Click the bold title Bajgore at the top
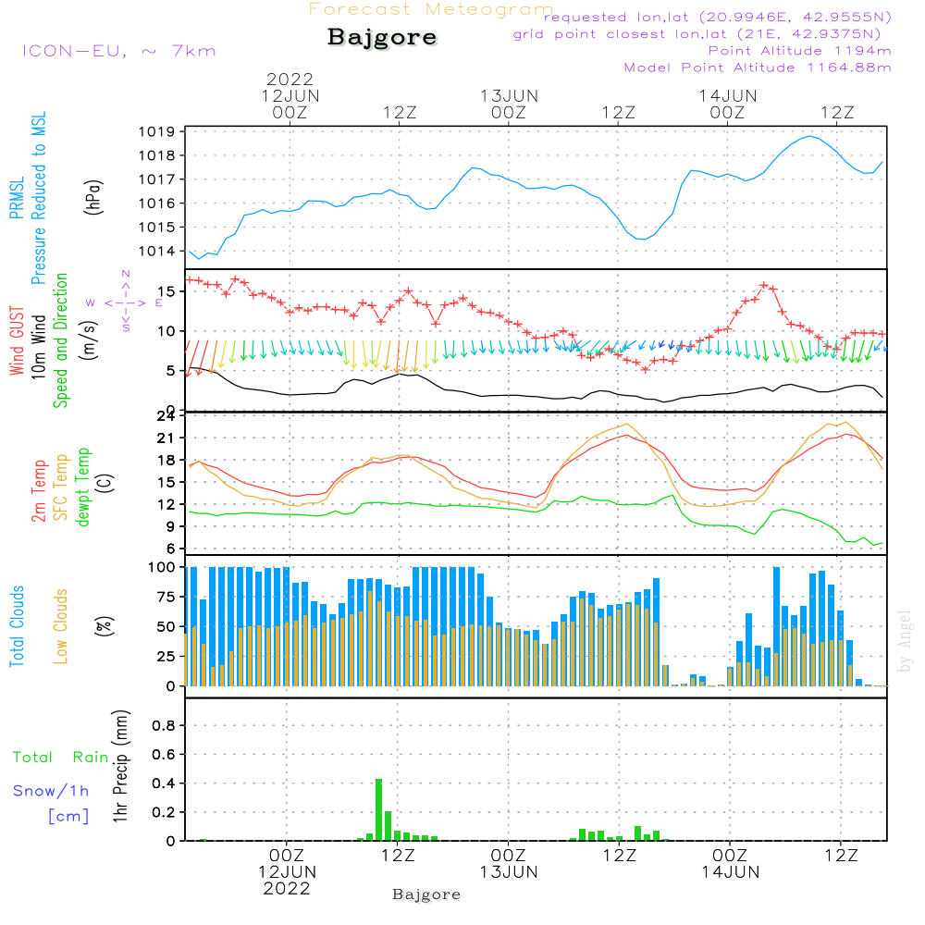click(x=382, y=38)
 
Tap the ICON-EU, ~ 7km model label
click(x=119, y=51)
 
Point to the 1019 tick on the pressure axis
click(x=157, y=131)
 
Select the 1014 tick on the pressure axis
click(x=157, y=252)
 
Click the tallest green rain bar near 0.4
click(x=378, y=809)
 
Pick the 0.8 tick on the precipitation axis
click(x=164, y=725)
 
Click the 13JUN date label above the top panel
click(x=509, y=96)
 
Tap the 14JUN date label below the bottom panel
click(x=731, y=872)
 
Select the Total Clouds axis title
click(x=17, y=626)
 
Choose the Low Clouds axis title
click(x=60, y=626)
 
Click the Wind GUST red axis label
click(x=17, y=340)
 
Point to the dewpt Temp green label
click(x=82, y=487)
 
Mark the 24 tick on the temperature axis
click(x=166, y=416)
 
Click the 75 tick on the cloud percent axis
click(x=166, y=597)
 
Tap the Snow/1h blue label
click(x=51, y=791)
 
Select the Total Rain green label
click(x=61, y=758)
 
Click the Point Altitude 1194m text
click(x=799, y=51)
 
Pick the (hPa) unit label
click(x=93, y=197)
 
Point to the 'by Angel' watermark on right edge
click(x=905, y=641)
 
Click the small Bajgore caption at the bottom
click(x=426, y=894)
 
